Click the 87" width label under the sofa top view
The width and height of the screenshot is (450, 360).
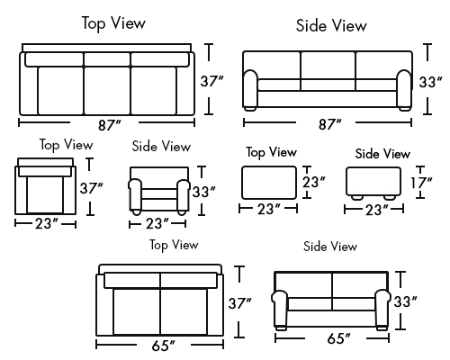click(x=110, y=125)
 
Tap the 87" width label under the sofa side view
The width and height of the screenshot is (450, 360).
click(x=329, y=124)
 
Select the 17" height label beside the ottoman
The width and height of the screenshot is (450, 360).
click(x=421, y=183)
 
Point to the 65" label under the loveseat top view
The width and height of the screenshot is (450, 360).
click(x=163, y=346)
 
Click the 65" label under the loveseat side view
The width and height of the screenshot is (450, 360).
click(x=338, y=338)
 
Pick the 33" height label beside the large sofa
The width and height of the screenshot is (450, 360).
click(x=430, y=82)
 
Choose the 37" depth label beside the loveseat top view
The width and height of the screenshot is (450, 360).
click(x=239, y=303)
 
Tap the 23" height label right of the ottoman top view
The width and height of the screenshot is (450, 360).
click(x=313, y=182)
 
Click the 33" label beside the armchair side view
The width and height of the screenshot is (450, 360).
click(x=204, y=192)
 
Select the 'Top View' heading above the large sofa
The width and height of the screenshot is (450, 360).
click(x=113, y=23)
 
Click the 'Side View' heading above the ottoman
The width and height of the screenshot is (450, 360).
click(x=382, y=154)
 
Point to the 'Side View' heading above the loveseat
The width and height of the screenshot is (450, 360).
click(x=330, y=247)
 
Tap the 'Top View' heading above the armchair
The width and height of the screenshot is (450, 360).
click(x=67, y=145)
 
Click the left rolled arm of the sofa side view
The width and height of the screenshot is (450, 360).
click(x=250, y=89)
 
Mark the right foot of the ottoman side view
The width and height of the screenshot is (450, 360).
click(x=390, y=197)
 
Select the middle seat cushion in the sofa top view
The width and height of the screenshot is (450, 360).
click(x=107, y=91)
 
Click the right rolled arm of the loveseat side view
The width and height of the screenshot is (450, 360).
click(x=382, y=308)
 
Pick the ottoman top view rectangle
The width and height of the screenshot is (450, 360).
click(x=269, y=183)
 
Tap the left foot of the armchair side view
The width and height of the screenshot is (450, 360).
click(x=136, y=212)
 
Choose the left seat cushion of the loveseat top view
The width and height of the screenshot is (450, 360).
click(x=137, y=311)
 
